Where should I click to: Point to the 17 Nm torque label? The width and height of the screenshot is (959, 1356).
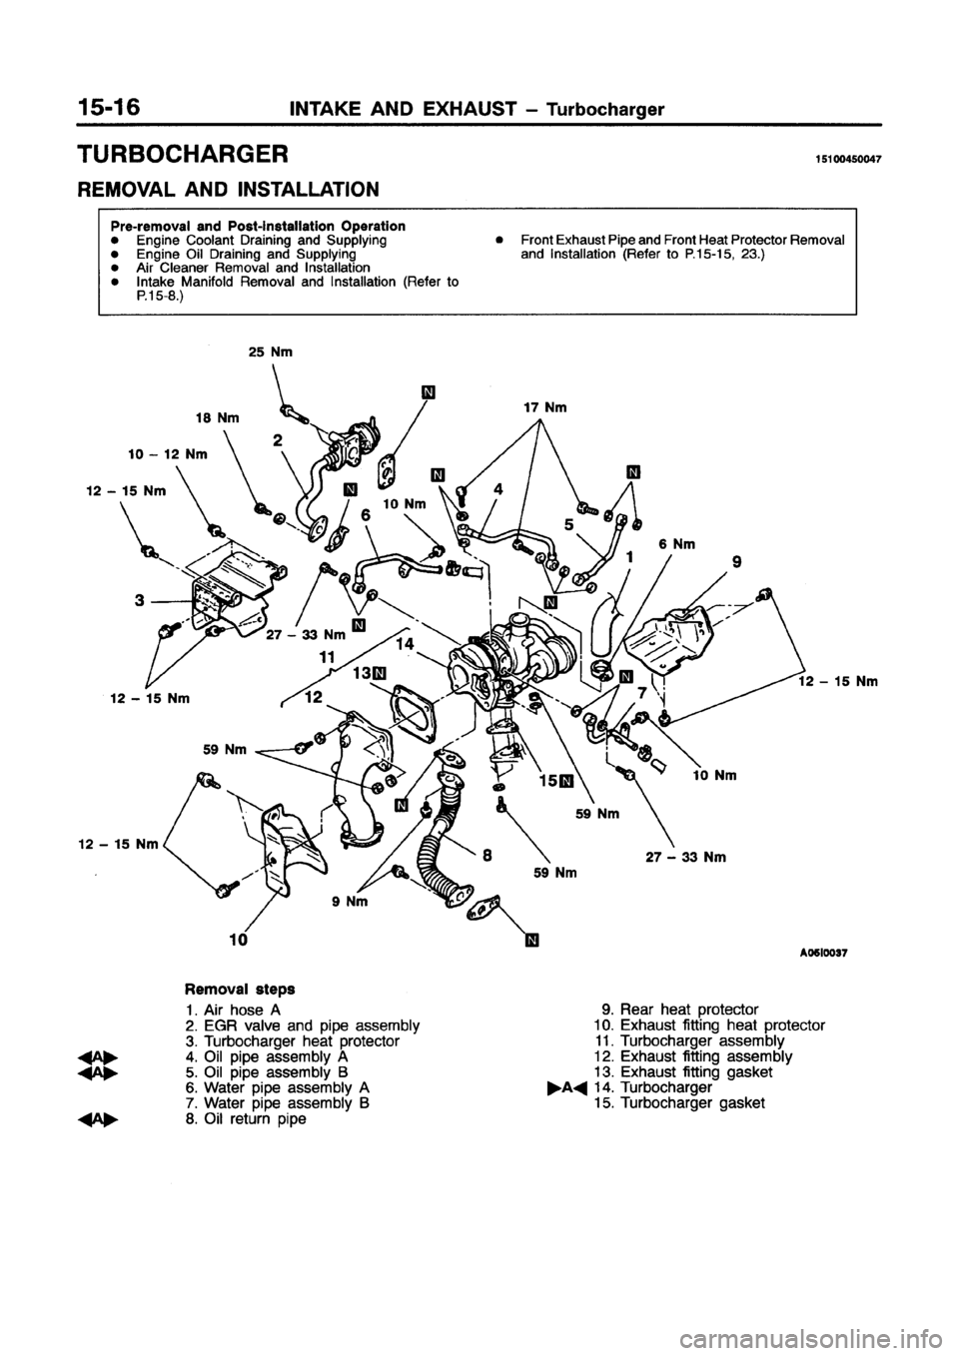(x=544, y=407)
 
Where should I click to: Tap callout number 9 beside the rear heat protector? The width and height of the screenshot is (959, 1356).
(x=736, y=561)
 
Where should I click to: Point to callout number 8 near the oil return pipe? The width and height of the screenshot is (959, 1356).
(x=485, y=854)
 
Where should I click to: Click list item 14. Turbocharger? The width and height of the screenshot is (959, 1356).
(x=665, y=1087)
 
